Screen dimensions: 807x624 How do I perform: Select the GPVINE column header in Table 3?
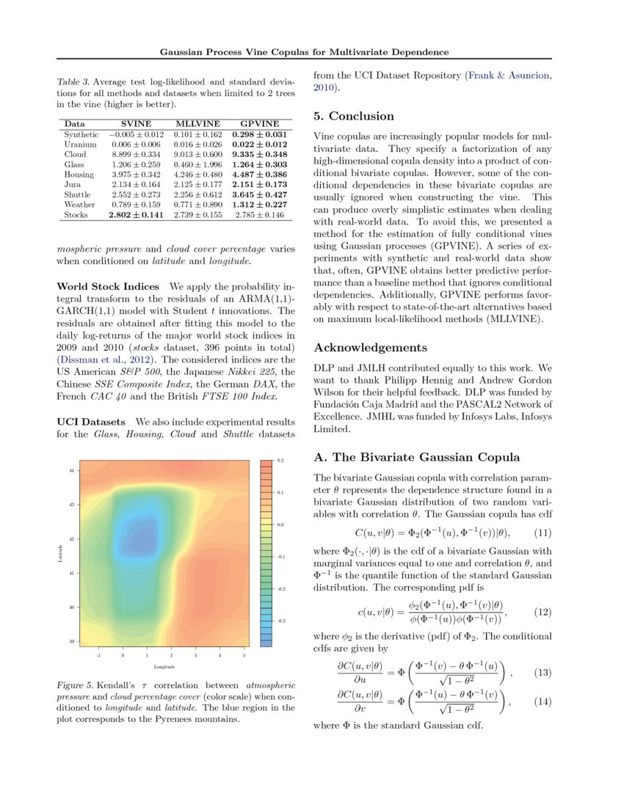coord(259,125)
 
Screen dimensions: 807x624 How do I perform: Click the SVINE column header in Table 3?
coord(136,125)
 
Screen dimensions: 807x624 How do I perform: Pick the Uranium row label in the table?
coord(79,145)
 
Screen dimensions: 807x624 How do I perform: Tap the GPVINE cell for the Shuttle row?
coord(259,195)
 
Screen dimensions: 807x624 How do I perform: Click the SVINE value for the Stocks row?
coord(136,215)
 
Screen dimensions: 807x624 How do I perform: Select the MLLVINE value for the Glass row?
coord(197,165)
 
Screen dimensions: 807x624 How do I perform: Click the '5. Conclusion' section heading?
coord(354,116)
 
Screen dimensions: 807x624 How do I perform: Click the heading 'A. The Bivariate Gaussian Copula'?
coord(416,457)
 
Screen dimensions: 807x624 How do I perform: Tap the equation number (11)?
coord(543,532)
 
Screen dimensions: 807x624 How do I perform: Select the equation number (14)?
coord(543,701)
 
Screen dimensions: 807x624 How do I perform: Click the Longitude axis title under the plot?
coord(164,667)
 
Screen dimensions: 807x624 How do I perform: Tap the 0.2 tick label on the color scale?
coord(280,460)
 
